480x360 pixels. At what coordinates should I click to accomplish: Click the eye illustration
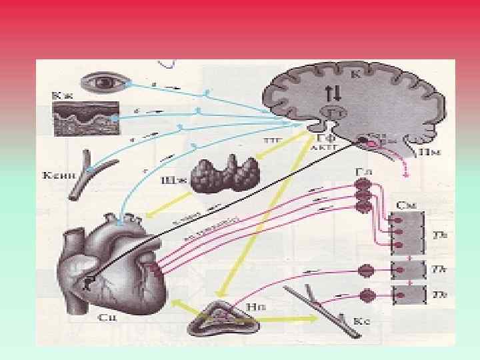[x=100, y=83]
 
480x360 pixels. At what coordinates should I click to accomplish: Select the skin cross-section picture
[x=85, y=118]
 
